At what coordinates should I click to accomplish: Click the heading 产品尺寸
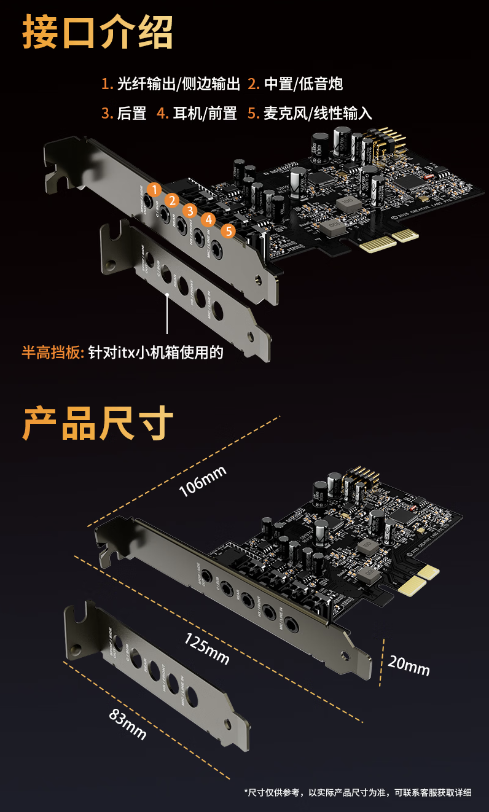tap(98, 423)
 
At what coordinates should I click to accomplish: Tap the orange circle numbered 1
tap(155, 189)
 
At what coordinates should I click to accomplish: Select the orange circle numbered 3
tap(190, 211)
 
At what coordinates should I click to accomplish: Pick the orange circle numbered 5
tap(228, 231)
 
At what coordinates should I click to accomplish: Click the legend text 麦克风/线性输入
tap(318, 114)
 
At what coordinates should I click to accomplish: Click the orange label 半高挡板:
tap(52, 353)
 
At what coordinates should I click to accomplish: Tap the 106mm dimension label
tap(203, 481)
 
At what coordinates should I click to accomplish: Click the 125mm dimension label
tap(206, 649)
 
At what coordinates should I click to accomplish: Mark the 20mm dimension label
tap(409, 664)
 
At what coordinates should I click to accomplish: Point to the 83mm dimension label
tap(128, 724)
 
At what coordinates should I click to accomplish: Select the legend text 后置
tap(131, 114)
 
